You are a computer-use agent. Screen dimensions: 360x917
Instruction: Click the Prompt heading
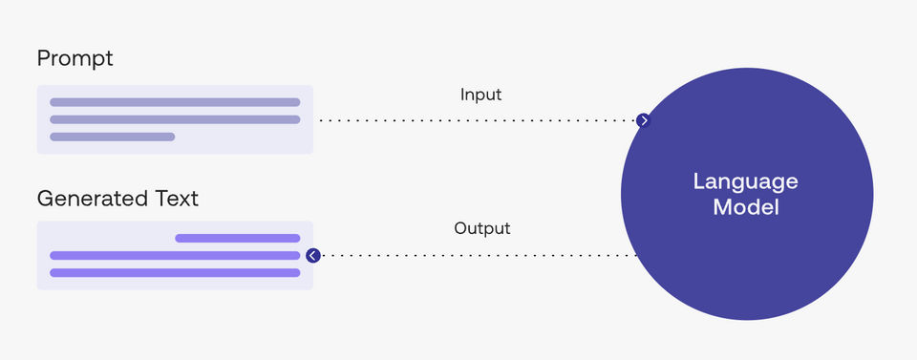(x=75, y=59)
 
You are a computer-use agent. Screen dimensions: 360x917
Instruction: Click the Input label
(x=480, y=95)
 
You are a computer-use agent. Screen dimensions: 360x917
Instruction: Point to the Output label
(x=481, y=229)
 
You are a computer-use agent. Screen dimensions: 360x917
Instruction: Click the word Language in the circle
(x=746, y=181)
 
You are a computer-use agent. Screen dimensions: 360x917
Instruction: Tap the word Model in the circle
(x=746, y=206)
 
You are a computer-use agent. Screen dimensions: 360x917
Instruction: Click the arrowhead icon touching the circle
(x=644, y=120)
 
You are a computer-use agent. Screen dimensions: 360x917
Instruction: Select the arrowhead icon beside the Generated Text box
(x=312, y=256)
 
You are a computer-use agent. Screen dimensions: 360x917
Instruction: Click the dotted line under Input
(x=478, y=120)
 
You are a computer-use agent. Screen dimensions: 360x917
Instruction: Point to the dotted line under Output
(x=478, y=256)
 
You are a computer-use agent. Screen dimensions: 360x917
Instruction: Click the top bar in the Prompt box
(x=175, y=102)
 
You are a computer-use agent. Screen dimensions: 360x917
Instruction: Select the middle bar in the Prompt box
(x=175, y=119)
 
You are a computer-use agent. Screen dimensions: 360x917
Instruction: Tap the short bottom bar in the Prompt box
(x=112, y=137)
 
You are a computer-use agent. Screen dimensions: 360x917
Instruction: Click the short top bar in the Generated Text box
(x=237, y=238)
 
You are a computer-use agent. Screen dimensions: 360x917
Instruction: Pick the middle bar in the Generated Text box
(x=175, y=255)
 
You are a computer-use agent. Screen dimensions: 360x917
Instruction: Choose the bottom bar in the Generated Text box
(x=175, y=272)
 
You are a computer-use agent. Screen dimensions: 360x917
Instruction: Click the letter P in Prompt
(x=43, y=59)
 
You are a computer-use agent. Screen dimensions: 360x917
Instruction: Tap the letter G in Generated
(x=45, y=200)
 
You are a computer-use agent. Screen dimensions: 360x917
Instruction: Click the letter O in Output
(x=460, y=229)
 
